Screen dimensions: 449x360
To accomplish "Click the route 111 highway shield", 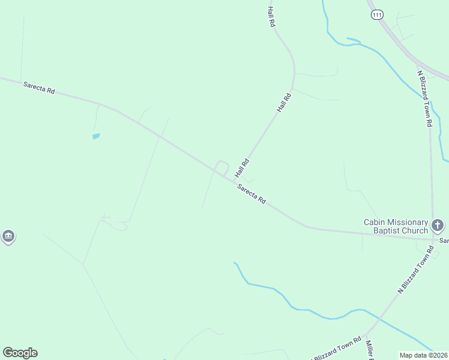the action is [376, 14].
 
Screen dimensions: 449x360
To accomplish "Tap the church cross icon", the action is [438, 226].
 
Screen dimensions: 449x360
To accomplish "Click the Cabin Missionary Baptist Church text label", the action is [396, 226].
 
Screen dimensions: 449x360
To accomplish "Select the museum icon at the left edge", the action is [8, 236].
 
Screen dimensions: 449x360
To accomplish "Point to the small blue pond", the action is [95, 136].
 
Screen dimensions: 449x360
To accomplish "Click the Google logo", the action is [20, 353].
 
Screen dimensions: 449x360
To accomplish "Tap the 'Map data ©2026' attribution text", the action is [423, 355].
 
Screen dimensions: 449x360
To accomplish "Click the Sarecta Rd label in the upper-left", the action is [39, 88].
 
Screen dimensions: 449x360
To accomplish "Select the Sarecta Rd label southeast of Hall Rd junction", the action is [252, 194].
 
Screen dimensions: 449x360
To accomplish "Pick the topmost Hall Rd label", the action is [271, 16].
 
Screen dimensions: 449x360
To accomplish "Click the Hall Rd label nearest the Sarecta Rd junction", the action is [241, 168].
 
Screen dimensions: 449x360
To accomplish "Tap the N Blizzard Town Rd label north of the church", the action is [426, 98].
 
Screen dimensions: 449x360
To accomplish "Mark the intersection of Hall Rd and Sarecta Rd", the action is [234, 180].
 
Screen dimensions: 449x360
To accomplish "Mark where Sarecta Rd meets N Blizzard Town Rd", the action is [432, 238].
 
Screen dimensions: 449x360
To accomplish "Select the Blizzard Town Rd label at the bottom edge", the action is [337, 348].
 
